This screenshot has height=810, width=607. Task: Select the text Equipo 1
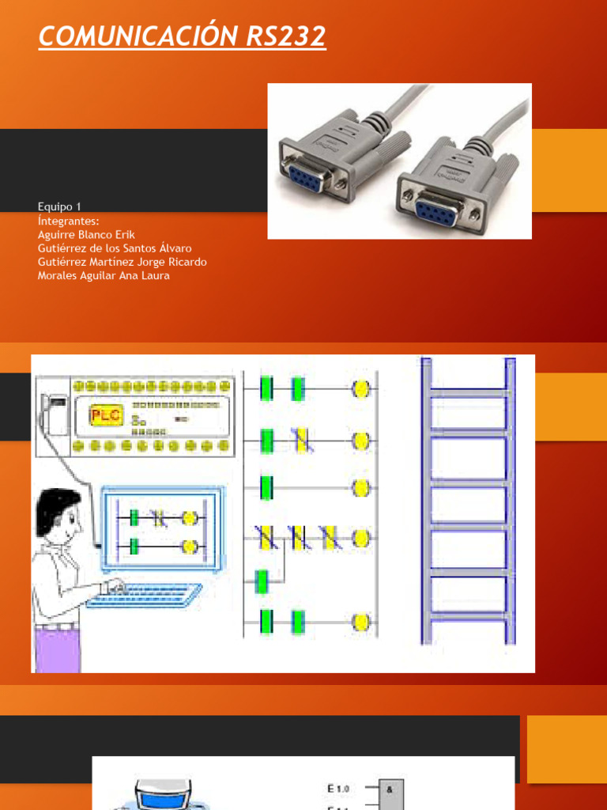pyautogui.click(x=59, y=207)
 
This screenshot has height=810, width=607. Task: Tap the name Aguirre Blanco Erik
pyautogui.click(x=86, y=235)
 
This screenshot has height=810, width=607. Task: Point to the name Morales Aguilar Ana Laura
pyautogui.click(x=104, y=275)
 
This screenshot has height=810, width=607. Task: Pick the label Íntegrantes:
pyautogui.click(x=68, y=221)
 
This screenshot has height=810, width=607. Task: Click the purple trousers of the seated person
pyautogui.click(x=58, y=645)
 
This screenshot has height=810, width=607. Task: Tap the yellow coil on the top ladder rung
pyautogui.click(x=361, y=389)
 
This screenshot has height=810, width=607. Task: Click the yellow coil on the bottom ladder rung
pyautogui.click(x=361, y=622)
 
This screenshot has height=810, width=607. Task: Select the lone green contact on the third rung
pyautogui.click(x=266, y=488)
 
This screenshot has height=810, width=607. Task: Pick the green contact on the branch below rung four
pyautogui.click(x=262, y=581)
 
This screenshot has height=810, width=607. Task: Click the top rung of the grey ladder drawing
pyautogui.click(x=468, y=392)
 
